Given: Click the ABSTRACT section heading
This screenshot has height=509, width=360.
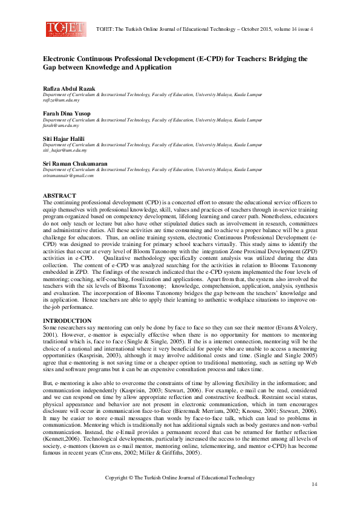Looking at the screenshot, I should [59, 196].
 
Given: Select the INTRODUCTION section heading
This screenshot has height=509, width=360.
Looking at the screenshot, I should [67, 320].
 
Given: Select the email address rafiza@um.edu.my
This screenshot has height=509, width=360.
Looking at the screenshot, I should [61, 100].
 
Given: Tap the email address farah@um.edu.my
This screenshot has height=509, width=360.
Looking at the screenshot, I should [59, 126].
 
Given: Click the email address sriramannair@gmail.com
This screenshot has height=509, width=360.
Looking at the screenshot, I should [68, 175].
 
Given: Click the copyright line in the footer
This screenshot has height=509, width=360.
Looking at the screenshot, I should [180, 478].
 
